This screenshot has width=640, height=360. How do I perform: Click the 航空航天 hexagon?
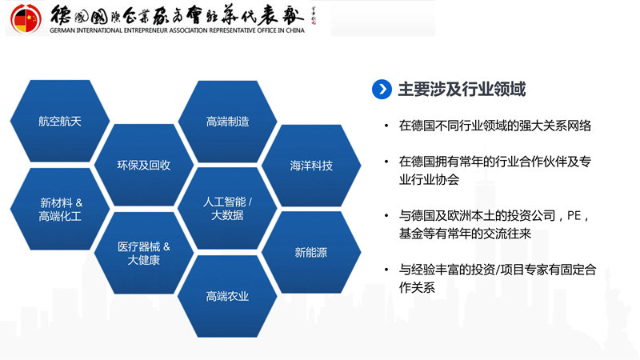coord(60,122)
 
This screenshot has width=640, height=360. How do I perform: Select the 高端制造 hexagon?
coord(227,122)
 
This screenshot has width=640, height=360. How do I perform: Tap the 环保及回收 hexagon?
coord(144,166)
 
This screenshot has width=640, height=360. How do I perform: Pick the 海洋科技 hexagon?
coord(311,166)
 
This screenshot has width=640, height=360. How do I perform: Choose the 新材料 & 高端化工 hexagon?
coord(60,210)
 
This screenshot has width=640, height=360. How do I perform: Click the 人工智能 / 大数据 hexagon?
coord(227,209)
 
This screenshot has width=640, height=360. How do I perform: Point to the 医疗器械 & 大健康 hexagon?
coord(144,253)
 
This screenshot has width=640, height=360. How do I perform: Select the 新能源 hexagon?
coord(311,253)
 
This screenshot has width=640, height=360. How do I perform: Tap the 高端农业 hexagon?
coord(227,297)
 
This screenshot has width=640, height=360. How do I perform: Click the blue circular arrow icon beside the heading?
coord(382,89)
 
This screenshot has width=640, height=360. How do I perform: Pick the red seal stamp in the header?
coord(315,15)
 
